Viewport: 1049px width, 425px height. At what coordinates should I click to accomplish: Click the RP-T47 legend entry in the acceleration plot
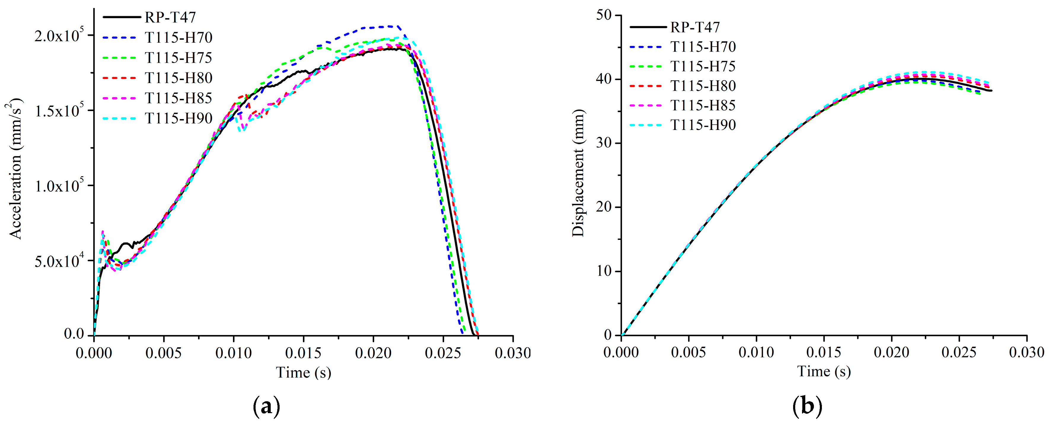[x=170, y=17]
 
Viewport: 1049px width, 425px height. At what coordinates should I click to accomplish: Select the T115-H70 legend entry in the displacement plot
[x=703, y=47]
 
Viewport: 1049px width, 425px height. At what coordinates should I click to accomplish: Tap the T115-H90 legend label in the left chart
[x=178, y=118]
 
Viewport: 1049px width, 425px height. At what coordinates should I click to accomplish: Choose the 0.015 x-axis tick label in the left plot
[x=303, y=353]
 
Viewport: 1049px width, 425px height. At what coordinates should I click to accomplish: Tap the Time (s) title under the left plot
[x=303, y=372]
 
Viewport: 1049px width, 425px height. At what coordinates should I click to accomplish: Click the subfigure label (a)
[x=266, y=406]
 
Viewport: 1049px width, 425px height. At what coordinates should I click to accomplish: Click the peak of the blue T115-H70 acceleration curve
[x=389, y=26]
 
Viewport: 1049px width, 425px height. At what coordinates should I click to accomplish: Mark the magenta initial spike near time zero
[x=103, y=232]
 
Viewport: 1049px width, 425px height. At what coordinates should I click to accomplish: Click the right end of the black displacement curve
[x=991, y=91]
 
